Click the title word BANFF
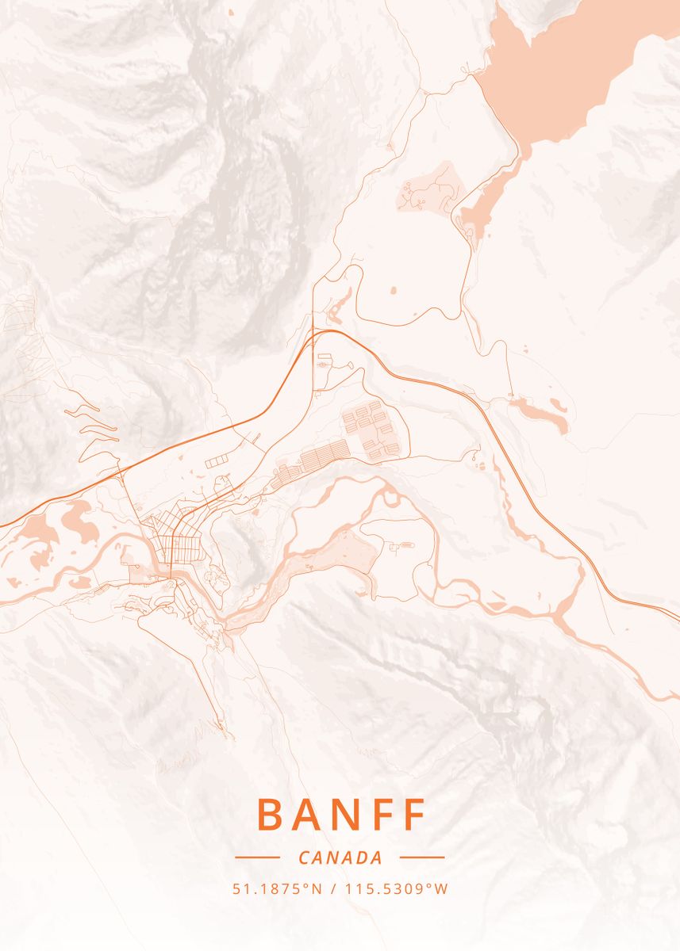pyautogui.click(x=341, y=815)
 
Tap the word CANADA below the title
pyautogui.click(x=340, y=857)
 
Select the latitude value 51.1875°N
pyautogui.click(x=277, y=888)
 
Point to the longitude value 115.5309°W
pyautogui.click(x=397, y=888)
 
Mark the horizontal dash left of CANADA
pyautogui.click(x=257, y=857)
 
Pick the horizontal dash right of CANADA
pyautogui.click(x=422, y=857)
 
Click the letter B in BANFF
pyautogui.click(x=270, y=815)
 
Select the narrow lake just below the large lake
pyautogui.click(x=486, y=198)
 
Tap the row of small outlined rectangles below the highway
pyautogui.click(x=217, y=460)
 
